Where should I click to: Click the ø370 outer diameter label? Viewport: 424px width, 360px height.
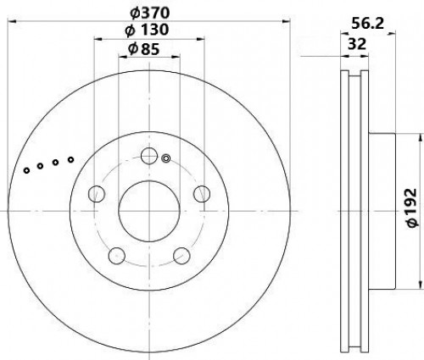[150, 14]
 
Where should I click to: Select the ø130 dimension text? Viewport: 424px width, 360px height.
[147, 30]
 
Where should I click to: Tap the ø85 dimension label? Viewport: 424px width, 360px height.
[144, 49]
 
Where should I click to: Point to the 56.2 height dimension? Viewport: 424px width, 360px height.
[367, 24]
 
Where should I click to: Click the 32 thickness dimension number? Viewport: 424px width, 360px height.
[357, 44]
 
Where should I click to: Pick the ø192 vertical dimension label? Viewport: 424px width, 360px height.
[412, 208]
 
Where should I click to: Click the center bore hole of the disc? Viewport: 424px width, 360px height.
[149, 211]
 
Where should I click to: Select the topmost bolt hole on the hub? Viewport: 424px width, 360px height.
[149, 156]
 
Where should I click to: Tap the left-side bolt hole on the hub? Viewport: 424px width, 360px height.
[97, 194]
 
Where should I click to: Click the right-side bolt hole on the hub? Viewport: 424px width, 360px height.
[202, 194]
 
